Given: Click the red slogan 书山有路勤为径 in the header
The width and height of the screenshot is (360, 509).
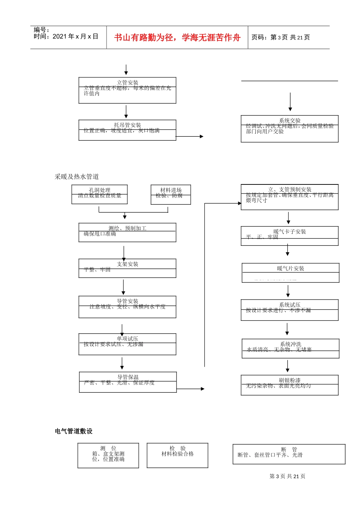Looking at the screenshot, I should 177,37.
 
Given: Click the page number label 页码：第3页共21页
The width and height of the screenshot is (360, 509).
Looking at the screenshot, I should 281,37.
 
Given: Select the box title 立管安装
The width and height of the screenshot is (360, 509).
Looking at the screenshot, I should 127,82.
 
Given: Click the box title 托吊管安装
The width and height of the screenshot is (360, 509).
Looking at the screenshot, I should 127,125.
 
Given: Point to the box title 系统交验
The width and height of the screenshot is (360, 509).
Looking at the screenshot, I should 290,120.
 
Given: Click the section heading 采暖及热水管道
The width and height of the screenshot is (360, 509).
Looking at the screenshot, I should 77,176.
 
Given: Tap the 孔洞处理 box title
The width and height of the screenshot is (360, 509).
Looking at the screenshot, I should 99,190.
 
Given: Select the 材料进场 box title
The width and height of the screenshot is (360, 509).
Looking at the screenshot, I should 171,190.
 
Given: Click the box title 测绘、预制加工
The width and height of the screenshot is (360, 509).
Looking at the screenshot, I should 127,228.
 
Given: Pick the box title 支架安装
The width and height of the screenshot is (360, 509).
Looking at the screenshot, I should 127,264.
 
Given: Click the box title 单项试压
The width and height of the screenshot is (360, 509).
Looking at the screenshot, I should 127,339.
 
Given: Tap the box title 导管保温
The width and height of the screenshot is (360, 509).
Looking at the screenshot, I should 128,377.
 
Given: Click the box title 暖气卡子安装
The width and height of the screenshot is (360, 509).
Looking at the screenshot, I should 290,232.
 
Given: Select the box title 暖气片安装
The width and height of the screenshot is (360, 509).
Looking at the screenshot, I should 290,269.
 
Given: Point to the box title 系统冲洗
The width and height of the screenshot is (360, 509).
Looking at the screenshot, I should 290,344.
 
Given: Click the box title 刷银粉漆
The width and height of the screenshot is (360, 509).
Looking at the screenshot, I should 290,380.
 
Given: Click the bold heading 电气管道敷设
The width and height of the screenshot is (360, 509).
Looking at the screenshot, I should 74,431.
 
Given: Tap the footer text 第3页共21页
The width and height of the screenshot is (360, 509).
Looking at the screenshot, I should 287,476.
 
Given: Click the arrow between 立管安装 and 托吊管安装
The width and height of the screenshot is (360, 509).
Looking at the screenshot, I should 126,112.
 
